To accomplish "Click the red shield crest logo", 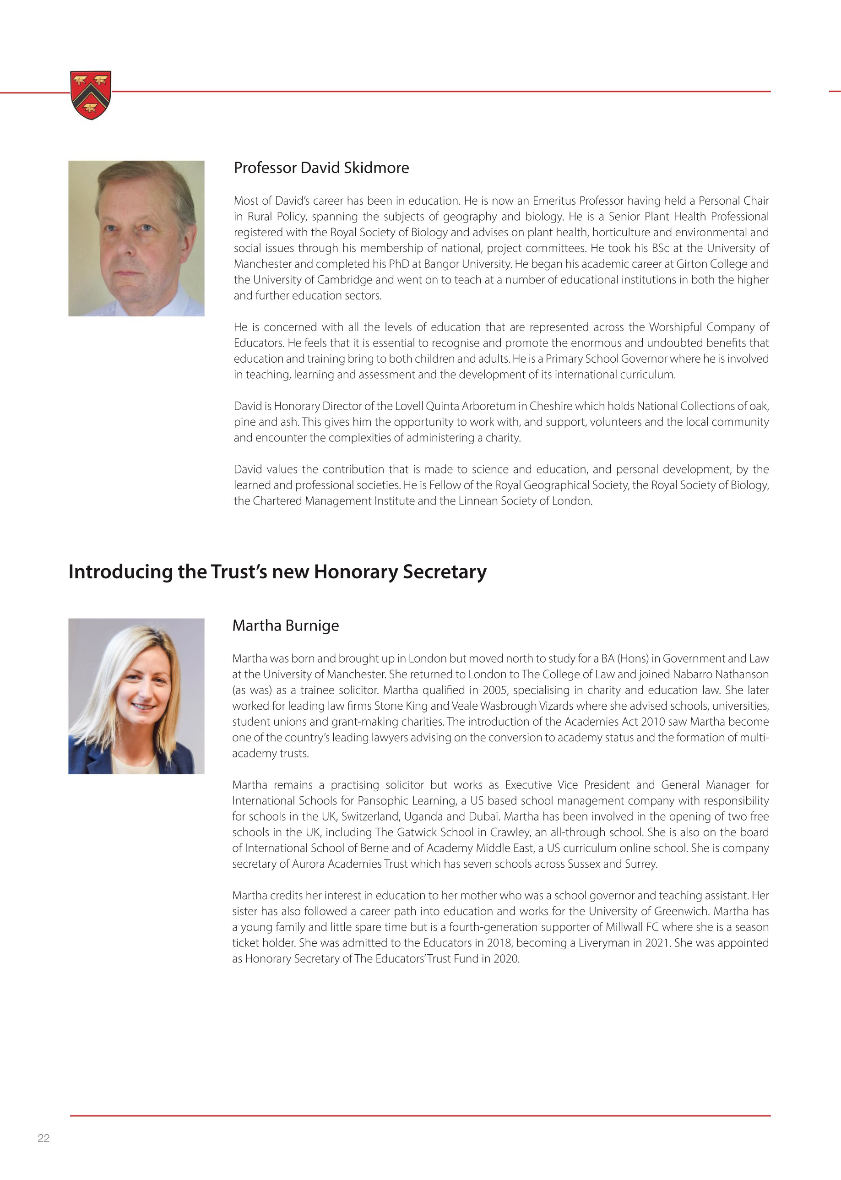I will (x=91, y=95).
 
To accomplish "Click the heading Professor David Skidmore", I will (x=321, y=168).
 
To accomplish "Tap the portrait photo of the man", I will (x=136, y=238).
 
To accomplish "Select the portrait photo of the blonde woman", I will (x=136, y=696).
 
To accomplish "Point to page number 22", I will (x=43, y=1138).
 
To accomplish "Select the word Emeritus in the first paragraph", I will (x=553, y=201).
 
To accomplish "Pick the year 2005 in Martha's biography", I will (x=494, y=690).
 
